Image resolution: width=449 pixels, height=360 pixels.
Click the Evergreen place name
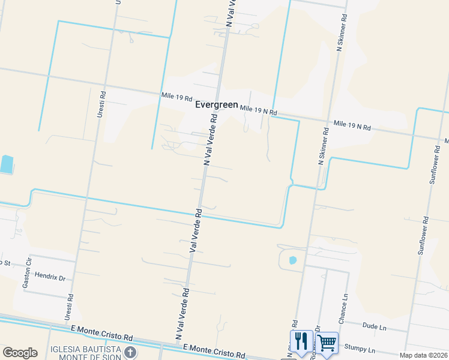(x=217, y=105)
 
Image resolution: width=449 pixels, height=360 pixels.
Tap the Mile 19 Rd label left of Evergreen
(x=176, y=97)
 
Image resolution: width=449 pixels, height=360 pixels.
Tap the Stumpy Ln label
(x=360, y=349)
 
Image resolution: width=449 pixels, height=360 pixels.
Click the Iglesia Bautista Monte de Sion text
(x=86, y=353)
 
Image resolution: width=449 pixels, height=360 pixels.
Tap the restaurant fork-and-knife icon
(x=301, y=341)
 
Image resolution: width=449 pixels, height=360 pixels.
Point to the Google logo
(x=20, y=353)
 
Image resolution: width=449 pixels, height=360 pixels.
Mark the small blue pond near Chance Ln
(x=292, y=260)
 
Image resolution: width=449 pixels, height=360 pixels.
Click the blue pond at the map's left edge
(x=6, y=164)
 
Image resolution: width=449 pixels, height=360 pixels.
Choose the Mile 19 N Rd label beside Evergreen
(x=258, y=110)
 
